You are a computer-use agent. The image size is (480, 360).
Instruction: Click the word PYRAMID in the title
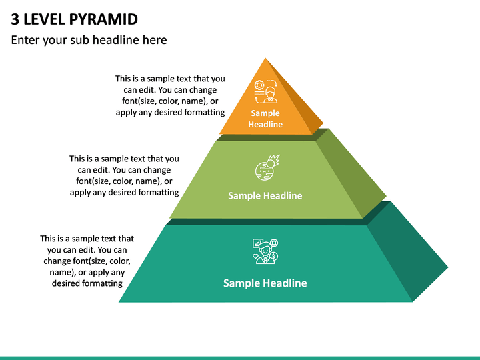coord(103,19)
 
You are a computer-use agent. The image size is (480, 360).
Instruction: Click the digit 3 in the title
coord(15,19)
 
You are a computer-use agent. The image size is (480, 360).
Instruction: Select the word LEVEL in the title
coord(44,19)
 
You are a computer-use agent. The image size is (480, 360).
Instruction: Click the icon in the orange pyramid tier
coord(266,91)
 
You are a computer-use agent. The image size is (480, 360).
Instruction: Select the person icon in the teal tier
coord(265,251)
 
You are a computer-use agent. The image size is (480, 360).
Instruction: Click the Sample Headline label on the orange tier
coord(265,119)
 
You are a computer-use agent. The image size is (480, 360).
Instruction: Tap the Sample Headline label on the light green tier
coord(265,195)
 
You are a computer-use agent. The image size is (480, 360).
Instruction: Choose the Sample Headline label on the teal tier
coord(265,283)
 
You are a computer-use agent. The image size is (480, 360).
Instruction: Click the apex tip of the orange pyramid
coord(265,58)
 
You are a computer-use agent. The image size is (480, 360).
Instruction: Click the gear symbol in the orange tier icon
coord(259,85)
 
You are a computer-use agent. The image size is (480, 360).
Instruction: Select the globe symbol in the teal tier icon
coord(274,243)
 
